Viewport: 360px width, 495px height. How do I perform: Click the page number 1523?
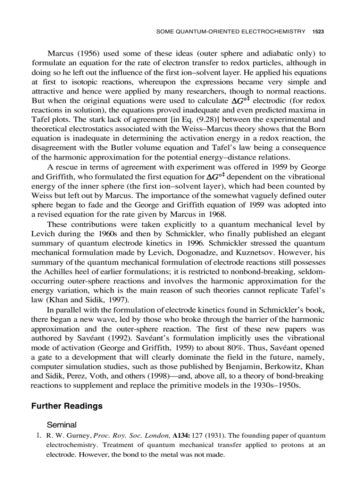[x=318, y=31]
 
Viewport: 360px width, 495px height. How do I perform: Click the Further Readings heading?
[x=67, y=406]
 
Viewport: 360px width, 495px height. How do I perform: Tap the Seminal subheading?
[x=62, y=425]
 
